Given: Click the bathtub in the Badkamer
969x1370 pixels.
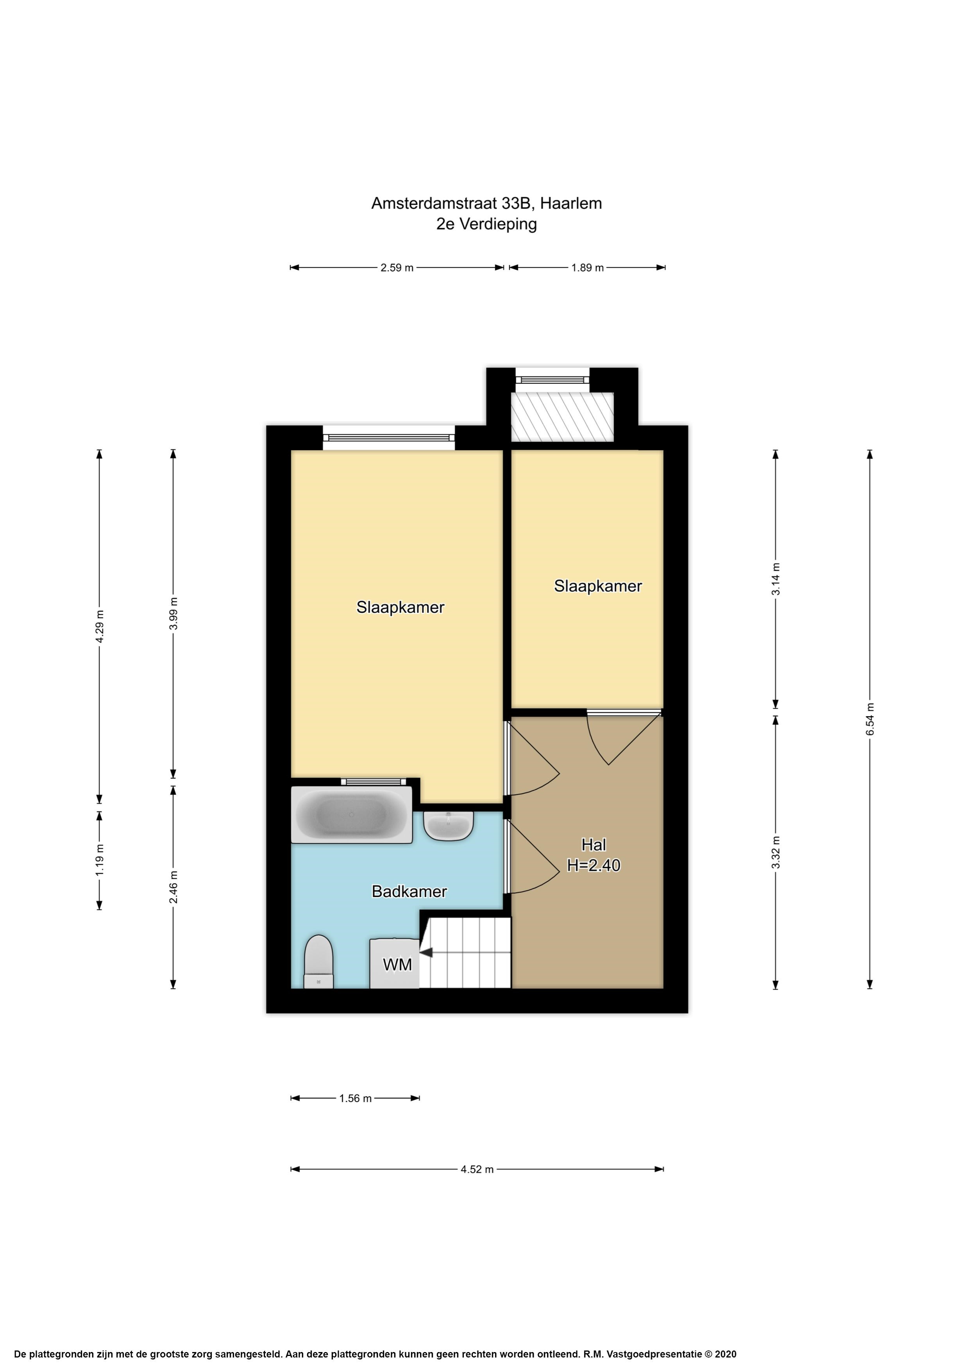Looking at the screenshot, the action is click(352, 815).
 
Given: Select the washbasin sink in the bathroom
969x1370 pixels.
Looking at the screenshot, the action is click(449, 826).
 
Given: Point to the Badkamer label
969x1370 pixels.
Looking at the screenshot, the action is click(409, 892).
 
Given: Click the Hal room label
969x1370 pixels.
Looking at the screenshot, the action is click(594, 845).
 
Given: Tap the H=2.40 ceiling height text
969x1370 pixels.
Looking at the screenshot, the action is click(594, 865).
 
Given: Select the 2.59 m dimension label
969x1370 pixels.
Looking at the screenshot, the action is click(397, 268).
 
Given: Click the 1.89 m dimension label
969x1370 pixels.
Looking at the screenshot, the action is click(588, 268).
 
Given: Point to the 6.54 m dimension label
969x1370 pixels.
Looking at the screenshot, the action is click(870, 719).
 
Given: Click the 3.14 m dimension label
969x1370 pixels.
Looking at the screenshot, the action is click(776, 579).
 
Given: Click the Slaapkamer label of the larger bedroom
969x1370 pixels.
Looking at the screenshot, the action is click(400, 607).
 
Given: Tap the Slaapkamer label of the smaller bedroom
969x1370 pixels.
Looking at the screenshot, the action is click(598, 586).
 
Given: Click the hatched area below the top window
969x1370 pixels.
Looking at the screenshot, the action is click(562, 417).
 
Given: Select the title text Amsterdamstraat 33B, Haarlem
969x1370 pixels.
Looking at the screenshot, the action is click(486, 203).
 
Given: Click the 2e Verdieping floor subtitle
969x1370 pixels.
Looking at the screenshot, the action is click(486, 224).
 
